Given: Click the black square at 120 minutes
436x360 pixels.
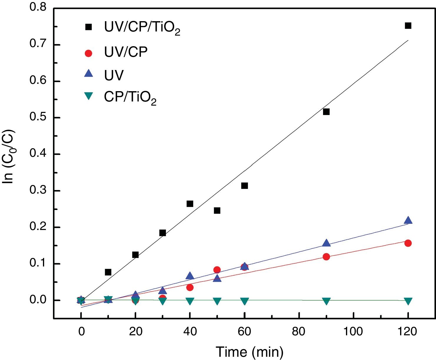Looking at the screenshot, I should (x=408, y=26).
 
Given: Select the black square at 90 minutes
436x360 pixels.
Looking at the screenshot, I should (x=326, y=112).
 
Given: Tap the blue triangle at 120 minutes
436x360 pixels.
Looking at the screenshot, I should (x=408, y=220).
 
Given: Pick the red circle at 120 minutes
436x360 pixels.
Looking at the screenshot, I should (x=408, y=243).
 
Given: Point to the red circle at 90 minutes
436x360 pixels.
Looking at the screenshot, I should (x=326, y=257).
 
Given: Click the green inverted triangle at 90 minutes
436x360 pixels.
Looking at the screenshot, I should (x=326, y=301).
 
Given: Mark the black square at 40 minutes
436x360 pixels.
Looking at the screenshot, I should (x=190, y=204).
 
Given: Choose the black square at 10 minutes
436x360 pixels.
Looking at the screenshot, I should (x=108, y=272).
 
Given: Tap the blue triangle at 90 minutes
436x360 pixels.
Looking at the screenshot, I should (x=326, y=243).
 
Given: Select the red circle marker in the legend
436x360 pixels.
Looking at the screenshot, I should (x=88, y=53).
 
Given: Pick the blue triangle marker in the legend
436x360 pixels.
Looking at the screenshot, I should (x=88, y=74).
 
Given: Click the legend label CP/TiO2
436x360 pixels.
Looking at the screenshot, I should (x=130, y=98).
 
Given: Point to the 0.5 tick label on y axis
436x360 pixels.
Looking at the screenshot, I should (x=38, y=117).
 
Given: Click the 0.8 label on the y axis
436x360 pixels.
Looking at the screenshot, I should (x=38, y=8).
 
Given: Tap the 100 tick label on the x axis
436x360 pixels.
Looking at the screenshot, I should (x=353, y=332).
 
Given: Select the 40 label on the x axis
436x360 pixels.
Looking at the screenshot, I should (x=190, y=332).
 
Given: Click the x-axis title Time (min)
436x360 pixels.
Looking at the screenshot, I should (x=249, y=352).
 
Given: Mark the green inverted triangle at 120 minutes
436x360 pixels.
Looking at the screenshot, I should (x=408, y=301).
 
